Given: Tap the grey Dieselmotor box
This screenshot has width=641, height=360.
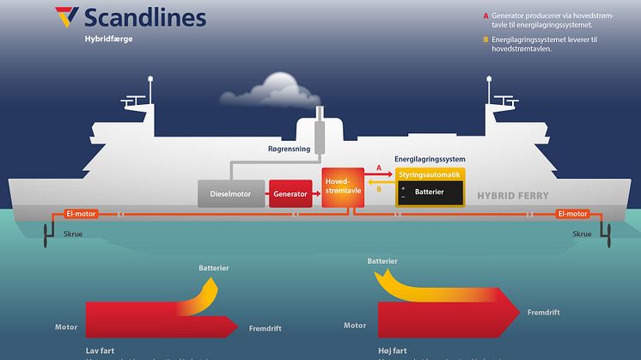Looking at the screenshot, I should pos(230,194).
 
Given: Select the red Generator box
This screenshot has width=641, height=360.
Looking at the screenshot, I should pos(290,194).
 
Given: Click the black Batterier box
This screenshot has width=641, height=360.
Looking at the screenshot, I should pos(429,192).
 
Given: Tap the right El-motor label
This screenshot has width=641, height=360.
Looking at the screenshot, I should pos(571,214).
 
